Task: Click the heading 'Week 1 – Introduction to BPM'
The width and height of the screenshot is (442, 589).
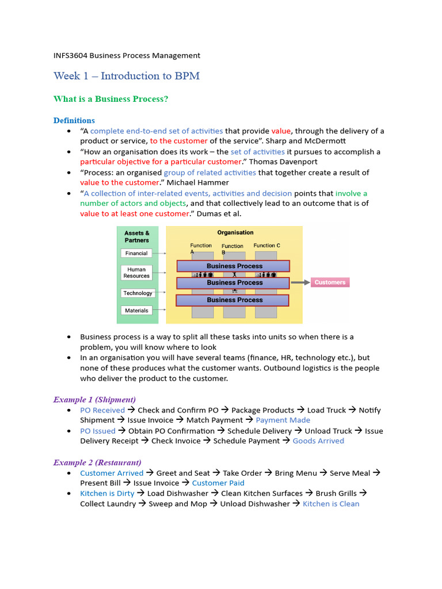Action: [127, 76]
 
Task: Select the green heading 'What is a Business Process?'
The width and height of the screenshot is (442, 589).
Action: [110, 99]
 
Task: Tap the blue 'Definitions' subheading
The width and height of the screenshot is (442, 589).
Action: [74, 120]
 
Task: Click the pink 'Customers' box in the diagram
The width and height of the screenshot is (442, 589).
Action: [330, 282]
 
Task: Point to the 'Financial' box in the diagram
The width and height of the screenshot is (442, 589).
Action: [136, 253]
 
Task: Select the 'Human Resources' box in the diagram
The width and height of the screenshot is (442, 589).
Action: [136, 273]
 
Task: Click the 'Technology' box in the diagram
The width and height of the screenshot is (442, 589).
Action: [137, 293]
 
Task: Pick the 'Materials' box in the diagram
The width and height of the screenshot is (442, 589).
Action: [136, 311]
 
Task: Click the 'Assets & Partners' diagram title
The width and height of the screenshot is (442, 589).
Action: [137, 236]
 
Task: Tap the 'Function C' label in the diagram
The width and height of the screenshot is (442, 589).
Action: [266, 246]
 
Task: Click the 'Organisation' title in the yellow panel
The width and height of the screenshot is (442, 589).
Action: [235, 232]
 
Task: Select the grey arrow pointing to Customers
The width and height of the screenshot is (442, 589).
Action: [299, 282]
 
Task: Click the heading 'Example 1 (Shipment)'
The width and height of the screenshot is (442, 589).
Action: [94, 399]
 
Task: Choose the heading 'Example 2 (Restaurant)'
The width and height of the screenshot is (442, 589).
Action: [97, 462]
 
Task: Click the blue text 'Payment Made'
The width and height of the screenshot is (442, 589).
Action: [283, 420]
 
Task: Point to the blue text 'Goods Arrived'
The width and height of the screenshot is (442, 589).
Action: [318, 441]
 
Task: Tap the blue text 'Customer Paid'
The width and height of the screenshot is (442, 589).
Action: [218, 483]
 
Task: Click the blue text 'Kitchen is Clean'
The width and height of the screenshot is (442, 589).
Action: [331, 504]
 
